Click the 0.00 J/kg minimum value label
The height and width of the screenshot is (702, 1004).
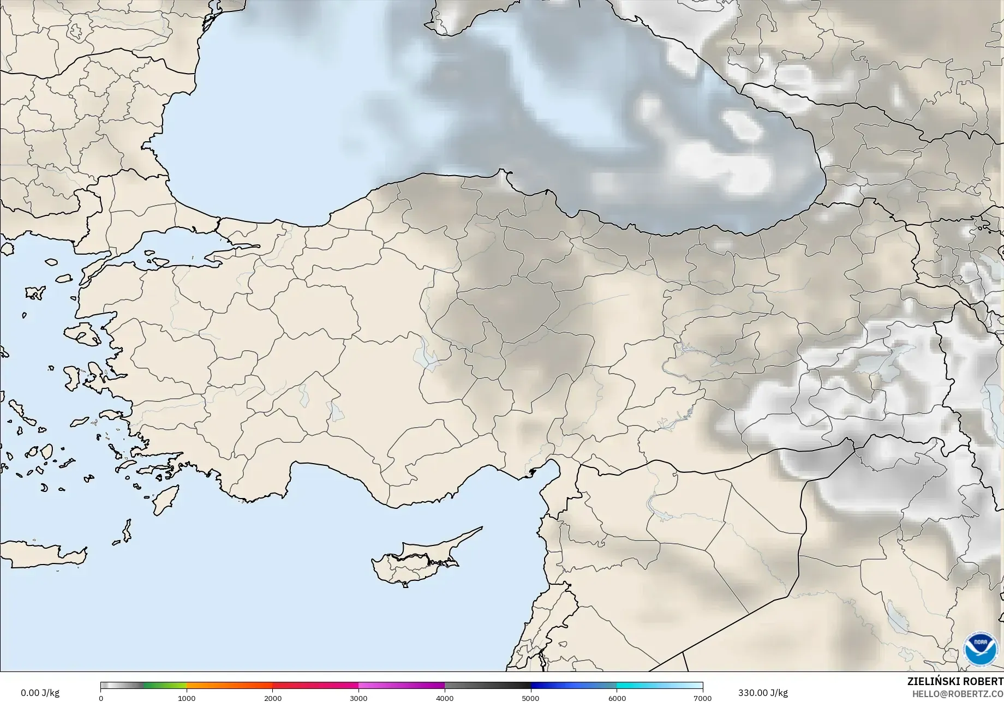(x=40, y=693)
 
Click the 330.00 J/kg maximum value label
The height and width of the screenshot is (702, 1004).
(x=763, y=693)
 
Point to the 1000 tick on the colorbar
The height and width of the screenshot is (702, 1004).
(x=187, y=698)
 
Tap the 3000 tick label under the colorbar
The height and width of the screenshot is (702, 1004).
(x=358, y=698)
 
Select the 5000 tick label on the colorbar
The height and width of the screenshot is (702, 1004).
(x=530, y=698)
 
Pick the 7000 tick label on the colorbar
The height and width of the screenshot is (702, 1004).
(x=702, y=698)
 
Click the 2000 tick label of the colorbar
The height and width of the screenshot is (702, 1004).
(x=273, y=698)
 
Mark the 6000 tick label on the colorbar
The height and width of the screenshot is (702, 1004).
(x=617, y=698)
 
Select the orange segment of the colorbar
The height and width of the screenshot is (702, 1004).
(x=229, y=686)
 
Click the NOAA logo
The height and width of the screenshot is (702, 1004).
(x=979, y=649)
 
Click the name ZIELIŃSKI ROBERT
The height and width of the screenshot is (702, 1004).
(x=955, y=681)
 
